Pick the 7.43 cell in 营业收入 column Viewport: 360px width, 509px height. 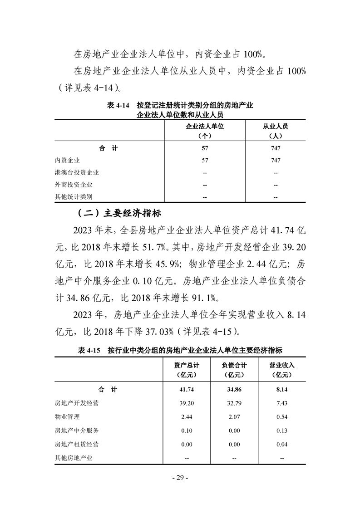coord(281,403)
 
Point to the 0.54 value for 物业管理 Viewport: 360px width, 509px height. coord(281,416)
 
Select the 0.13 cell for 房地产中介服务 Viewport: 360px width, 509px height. coord(281,431)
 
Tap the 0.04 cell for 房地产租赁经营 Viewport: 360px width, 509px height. coord(281,445)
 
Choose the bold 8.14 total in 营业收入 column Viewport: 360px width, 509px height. coord(281,389)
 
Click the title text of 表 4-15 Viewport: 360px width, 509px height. coord(180,350)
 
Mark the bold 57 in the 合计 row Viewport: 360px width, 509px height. coord(205,148)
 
